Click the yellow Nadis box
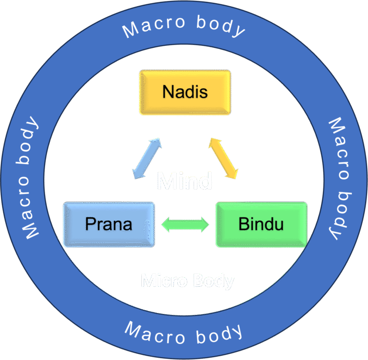(x=185, y=92)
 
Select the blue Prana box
(x=109, y=224)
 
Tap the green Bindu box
(x=261, y=224)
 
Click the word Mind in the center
(x=185, y=181)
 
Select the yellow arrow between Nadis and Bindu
(x=223, y=158)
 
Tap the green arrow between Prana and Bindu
(x=185, y=224)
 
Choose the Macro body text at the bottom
(x=184, y=332)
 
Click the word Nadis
(x=185, y=91)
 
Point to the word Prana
(x=109, y=224)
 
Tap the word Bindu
(x=261, y=224)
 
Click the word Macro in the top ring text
(x=153, y=26)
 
